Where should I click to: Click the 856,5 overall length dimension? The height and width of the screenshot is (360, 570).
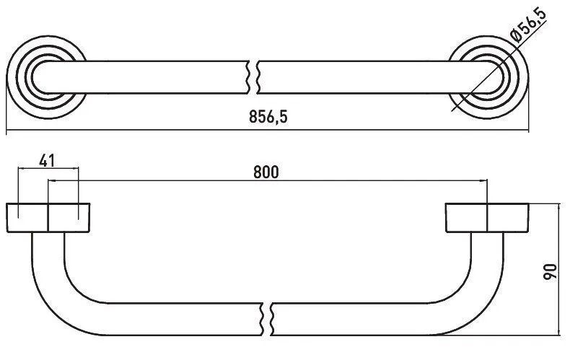point(268,117)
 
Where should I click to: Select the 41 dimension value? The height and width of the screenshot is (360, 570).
point(47,160)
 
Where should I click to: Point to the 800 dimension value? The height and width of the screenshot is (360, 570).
point(266,172)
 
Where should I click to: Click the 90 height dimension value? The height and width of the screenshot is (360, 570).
point(550,272)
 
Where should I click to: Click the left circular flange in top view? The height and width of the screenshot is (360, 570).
point(46,77)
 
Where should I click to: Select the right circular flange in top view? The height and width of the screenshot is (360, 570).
point(488,77)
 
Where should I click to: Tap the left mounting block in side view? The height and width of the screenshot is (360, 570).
point(48,217)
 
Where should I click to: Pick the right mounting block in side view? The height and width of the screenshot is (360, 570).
point(487,217)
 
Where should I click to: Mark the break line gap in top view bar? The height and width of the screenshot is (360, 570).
point(253,77)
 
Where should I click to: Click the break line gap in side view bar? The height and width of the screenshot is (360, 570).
point(267,319)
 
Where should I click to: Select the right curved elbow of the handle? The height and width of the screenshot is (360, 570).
point(468,291)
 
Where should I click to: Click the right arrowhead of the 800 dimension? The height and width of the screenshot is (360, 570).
point(484,180)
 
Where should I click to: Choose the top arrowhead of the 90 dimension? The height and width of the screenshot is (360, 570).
point(558,207)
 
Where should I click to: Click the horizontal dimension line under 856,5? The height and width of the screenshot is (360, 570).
point(268,130)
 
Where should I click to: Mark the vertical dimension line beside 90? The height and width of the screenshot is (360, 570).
point(558,269)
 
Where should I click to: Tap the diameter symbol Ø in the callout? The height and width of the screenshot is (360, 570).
point(515,36)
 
